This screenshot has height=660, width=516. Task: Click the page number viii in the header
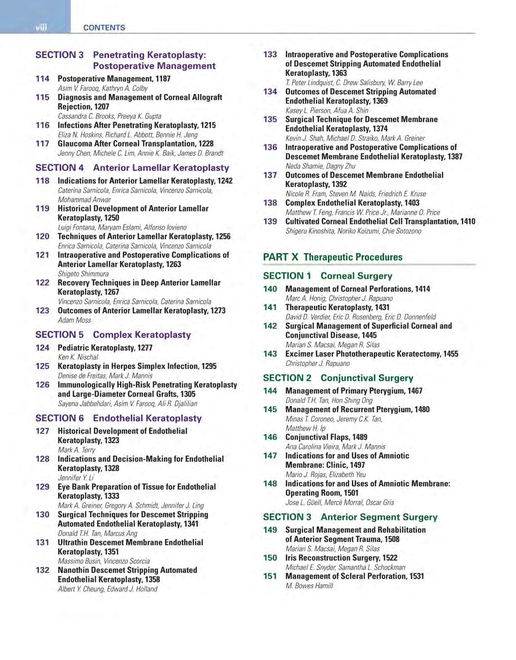[x=41, y=27]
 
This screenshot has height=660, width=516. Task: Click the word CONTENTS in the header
[x=104, y=27]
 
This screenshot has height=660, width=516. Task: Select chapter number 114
[x=42, y=79]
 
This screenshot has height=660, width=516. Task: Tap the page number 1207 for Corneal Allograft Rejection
[x=102, y=106]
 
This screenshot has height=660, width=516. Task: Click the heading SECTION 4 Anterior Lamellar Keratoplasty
[x=132, y=168]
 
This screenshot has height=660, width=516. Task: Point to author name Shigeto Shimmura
[x=83, y=274]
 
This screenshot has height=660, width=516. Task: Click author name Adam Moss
[x=74, y=320]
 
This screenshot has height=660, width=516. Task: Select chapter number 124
[x=42, y=348]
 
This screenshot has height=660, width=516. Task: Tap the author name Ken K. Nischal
[x=78, y=357]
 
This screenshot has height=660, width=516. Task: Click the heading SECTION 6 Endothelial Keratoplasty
[x=119, y=418]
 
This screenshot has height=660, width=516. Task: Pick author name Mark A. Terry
[x=77, y=450]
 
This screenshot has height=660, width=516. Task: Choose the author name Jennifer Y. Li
[x=76, y=477]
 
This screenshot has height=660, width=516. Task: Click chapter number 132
[x=42, y=570]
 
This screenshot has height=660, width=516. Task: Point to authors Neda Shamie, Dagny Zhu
[x=320, y=166]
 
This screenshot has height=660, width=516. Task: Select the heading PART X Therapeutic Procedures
[x=333, y=257]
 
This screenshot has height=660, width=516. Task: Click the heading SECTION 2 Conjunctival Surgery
[x=338, y=378]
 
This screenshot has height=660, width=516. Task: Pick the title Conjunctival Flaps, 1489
[x=326, y=437]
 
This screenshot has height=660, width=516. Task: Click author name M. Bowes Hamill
[x=309, y=586]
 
